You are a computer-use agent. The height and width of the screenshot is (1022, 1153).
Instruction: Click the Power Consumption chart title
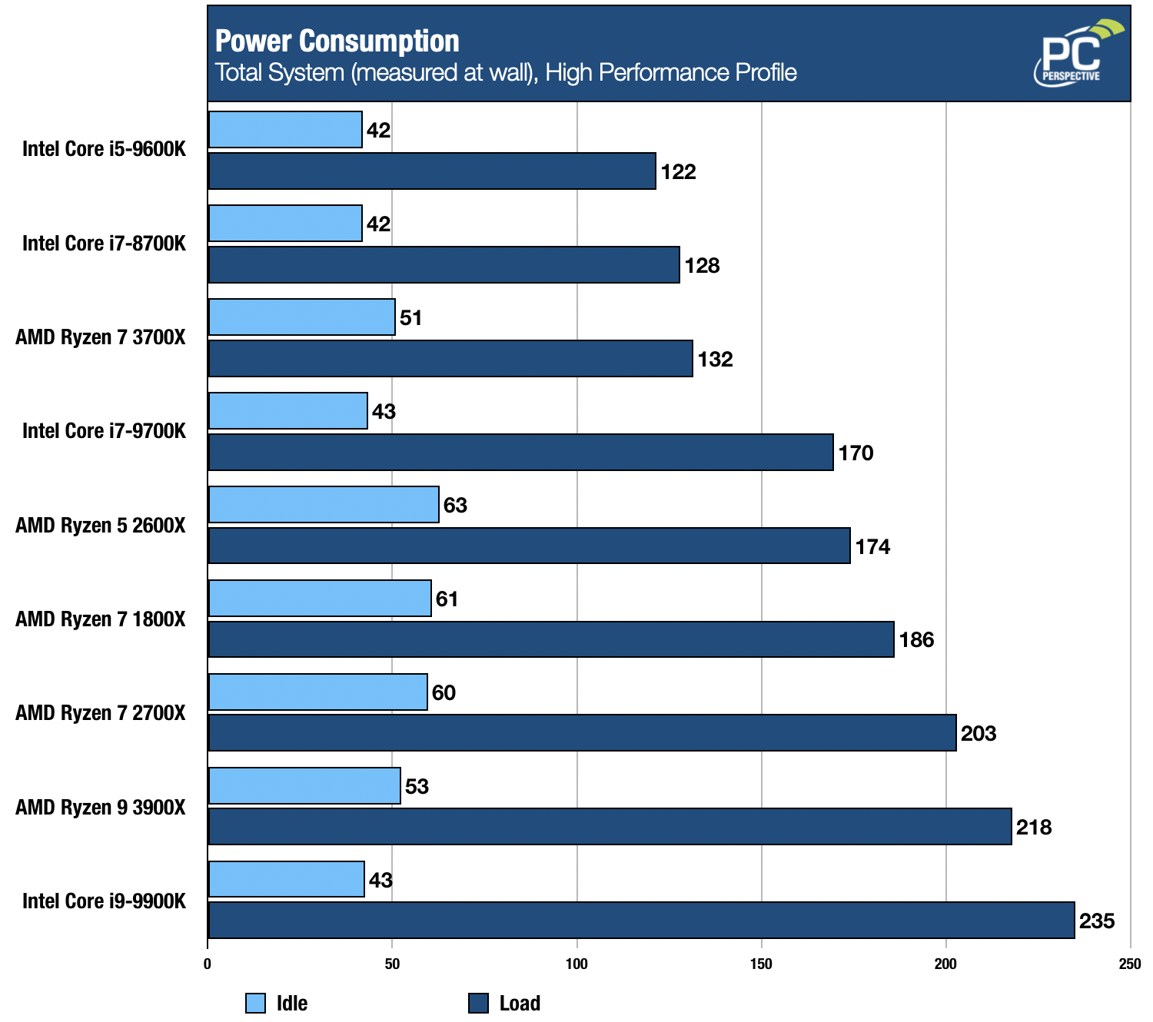click(337, 41)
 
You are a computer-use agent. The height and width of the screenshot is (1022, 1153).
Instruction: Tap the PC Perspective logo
click(1077, 54)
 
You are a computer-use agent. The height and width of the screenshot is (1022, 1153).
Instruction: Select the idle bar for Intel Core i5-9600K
click(285, 129)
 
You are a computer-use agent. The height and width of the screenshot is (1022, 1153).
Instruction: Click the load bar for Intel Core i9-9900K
click(641, 920)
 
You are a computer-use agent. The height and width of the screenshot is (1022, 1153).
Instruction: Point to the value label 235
click(1097, 921)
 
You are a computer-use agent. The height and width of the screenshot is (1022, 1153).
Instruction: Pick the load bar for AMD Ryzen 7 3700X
click(450, 358)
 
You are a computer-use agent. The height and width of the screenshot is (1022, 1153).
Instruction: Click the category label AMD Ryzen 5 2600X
click(101, 526)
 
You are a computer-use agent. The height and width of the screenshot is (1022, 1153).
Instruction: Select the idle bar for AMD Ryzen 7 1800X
click(320, 598)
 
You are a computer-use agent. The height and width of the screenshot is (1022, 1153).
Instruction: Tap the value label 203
click(979, 733)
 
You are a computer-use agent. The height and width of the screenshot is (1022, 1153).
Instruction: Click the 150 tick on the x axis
click(761, 964)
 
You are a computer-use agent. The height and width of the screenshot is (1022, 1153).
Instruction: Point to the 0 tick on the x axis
click(208, 964)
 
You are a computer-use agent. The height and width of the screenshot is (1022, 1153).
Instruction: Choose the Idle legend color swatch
click(255, 1003)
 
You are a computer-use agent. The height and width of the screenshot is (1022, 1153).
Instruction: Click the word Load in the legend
click(520, 1003)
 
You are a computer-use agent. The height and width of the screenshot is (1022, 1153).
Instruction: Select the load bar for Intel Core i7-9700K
click(520, 452)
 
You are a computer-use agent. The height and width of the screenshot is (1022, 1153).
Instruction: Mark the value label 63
click(455, 505)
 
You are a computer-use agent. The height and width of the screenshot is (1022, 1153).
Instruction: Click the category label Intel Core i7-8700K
click(104, 244)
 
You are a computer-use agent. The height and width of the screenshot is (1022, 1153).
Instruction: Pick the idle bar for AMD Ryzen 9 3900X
click(304, 785)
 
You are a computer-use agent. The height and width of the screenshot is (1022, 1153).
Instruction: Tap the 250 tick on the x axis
click(1129, 964)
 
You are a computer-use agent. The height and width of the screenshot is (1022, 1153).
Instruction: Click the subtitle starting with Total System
click(506, 73)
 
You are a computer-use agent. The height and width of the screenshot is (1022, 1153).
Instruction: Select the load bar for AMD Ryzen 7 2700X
click(582, 732)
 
